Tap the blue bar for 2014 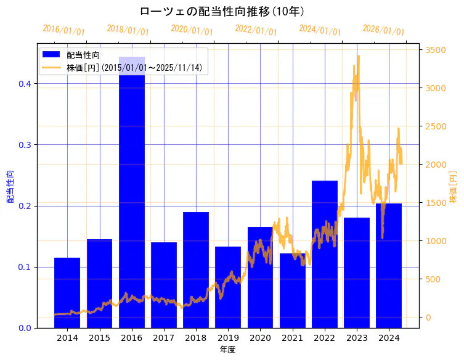coord(67,293)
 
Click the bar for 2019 coord(228,287)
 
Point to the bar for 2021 coord(293,290)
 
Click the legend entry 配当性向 coord(83,55)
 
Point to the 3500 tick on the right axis coord(434,50)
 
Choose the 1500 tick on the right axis coord(434,203)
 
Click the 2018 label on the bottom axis coord(196,338)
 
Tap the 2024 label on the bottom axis coord(389,338)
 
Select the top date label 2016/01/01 coord(63,30)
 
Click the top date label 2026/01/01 coord(383,30)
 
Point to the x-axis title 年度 coord(227,350)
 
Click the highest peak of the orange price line coord(359,56)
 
